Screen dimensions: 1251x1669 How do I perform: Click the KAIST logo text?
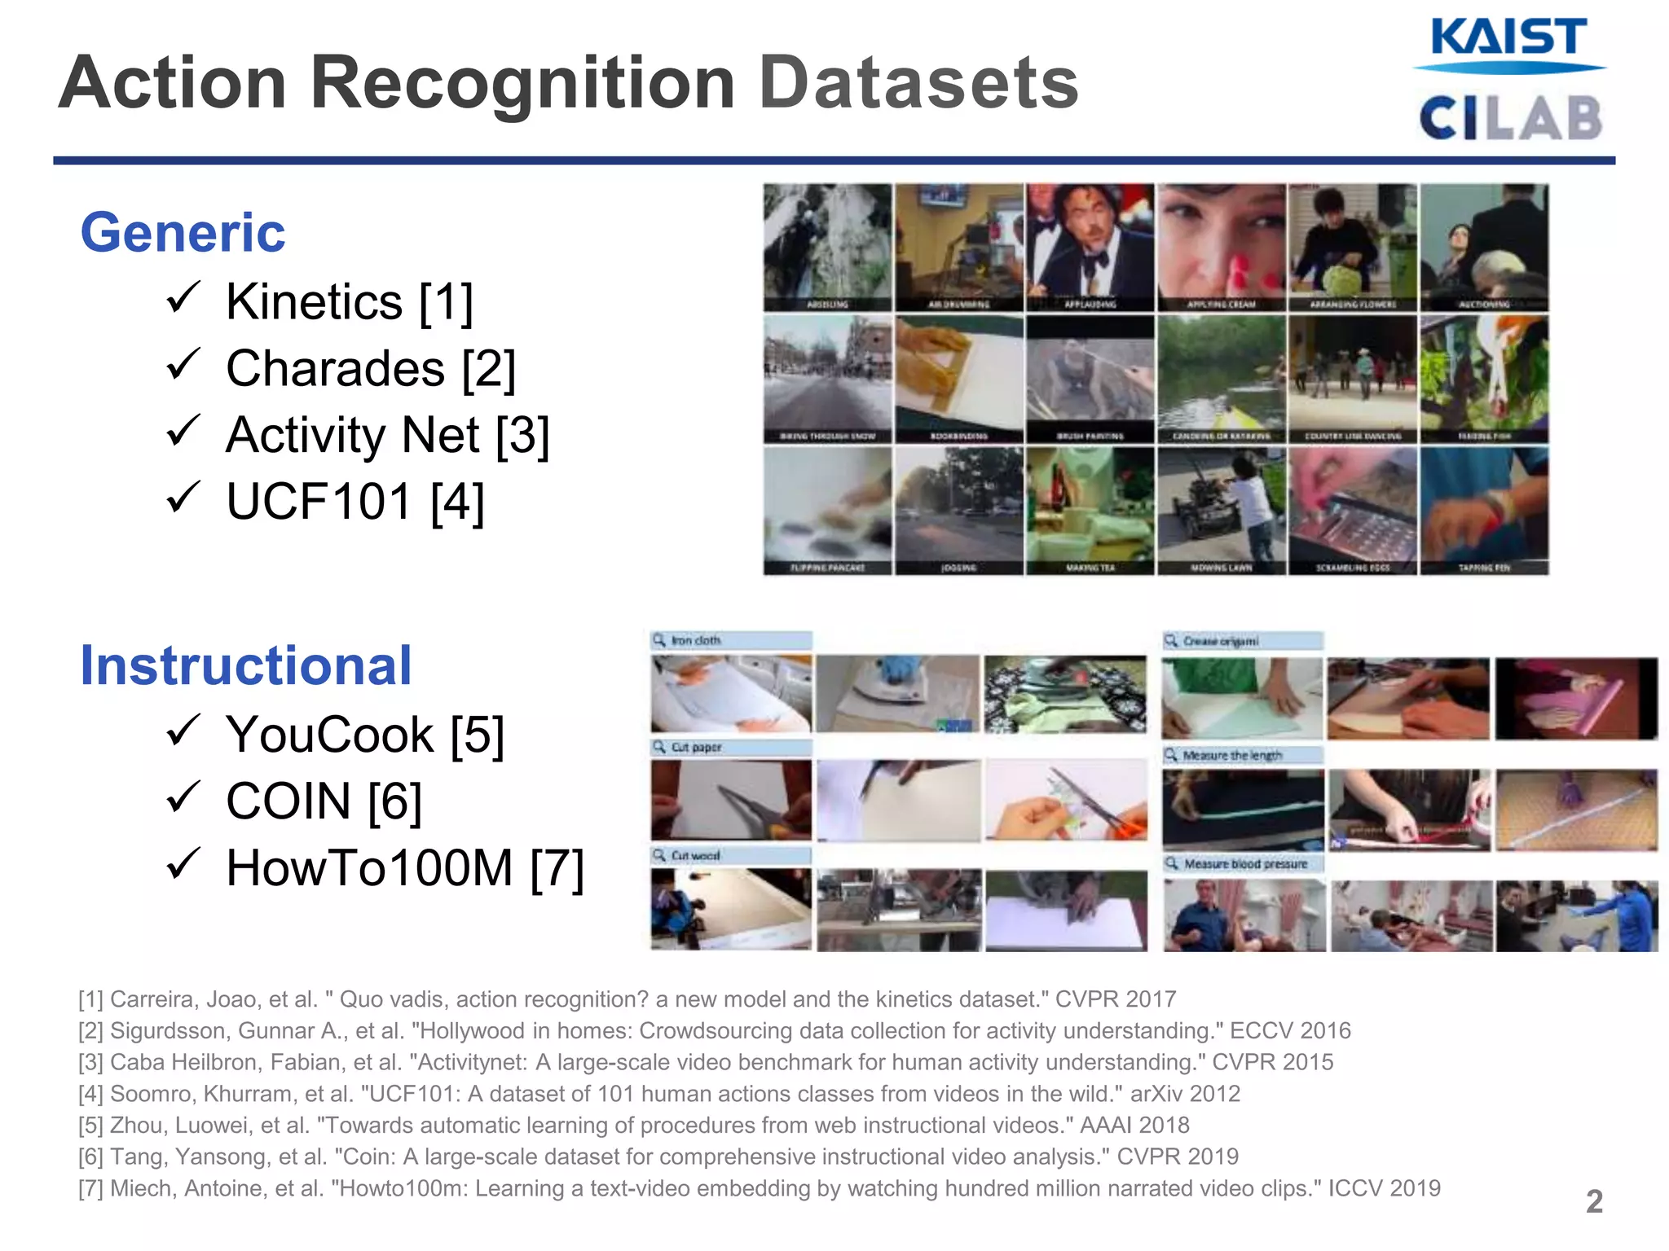(x=1508, y=38)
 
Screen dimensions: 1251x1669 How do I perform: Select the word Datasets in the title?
(x=918, y=83)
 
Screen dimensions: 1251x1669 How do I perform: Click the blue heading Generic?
(x=183, y=233)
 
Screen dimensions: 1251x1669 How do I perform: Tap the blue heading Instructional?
(x=246, y=666)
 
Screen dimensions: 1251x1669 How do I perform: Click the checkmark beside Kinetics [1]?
(x=183, y=298)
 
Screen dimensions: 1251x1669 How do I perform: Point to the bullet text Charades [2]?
(x=371, y=369)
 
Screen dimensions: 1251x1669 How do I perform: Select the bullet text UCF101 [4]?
(x=354, y=502)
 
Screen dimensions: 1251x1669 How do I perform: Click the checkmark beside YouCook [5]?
(x=183, y=731)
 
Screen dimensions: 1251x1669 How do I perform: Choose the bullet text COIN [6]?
(x=324, y=801)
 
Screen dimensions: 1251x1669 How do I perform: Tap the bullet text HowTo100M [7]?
(x=405, y=868)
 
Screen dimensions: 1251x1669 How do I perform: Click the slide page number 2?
(x=1594, y=1201)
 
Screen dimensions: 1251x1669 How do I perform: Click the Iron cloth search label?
(x=731, y=641)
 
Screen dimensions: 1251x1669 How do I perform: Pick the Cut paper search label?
(x=731, y=748)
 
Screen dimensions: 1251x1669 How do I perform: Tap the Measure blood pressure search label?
(x=1243, y=863)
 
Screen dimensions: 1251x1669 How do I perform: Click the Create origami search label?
(x=1243, y=641)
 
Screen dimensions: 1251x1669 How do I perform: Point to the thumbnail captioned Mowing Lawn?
(x=1221, y=511)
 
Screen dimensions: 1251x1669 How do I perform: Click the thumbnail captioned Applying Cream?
(x=1221, y=248)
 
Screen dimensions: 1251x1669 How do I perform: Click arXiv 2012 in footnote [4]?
(x=1185, y=1094)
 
